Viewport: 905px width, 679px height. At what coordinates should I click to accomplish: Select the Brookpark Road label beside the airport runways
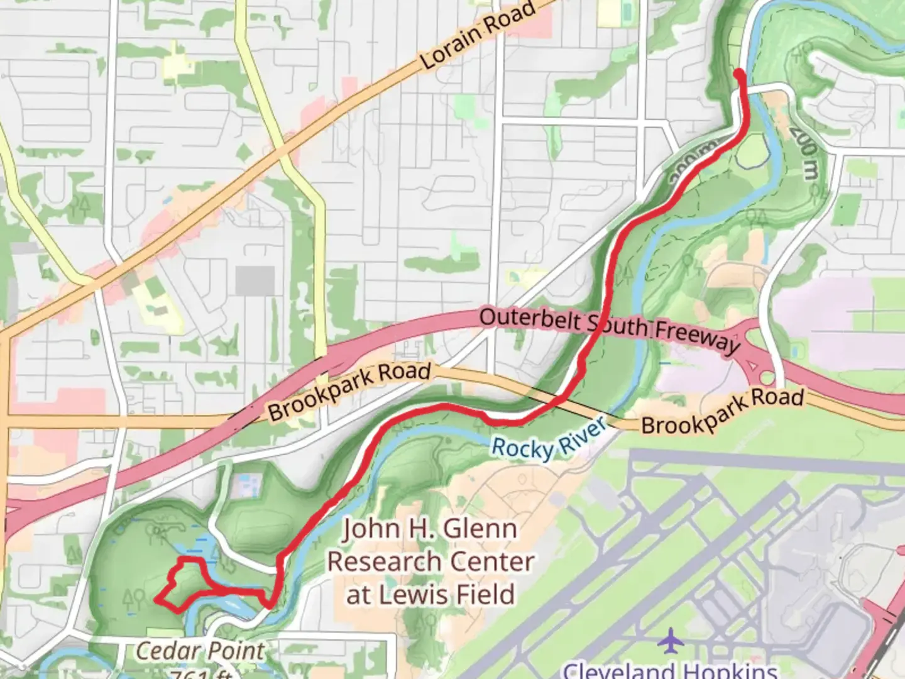722,412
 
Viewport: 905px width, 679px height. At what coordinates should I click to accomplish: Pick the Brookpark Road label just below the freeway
349,391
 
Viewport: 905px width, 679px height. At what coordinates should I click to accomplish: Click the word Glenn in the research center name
481,529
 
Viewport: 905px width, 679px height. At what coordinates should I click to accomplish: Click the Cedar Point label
200,651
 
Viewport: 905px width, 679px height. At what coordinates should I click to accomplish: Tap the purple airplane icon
672,641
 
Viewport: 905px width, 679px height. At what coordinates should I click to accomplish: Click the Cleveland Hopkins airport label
670,670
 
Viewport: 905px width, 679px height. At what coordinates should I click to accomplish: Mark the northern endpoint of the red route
739,74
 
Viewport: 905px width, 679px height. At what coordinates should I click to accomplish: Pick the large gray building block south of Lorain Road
255,280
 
